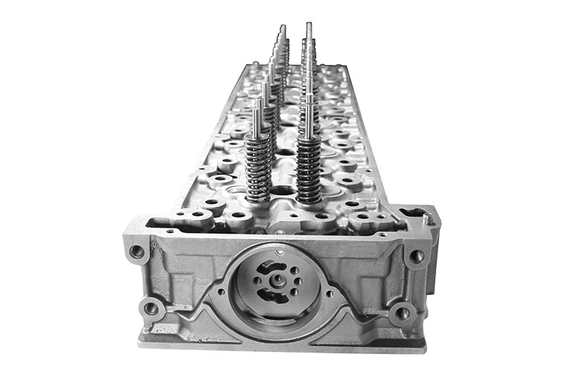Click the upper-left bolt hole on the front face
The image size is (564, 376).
pos(136,250)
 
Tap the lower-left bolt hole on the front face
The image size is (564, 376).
pos(150,308)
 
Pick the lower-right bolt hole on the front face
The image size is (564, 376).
pos(403,312)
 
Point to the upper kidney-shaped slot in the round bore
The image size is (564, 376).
pos(270,267)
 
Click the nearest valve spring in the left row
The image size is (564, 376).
pos(258,166)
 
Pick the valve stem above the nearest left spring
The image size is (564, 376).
pos(257,116)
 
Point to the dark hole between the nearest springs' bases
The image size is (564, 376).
pos(282,190)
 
